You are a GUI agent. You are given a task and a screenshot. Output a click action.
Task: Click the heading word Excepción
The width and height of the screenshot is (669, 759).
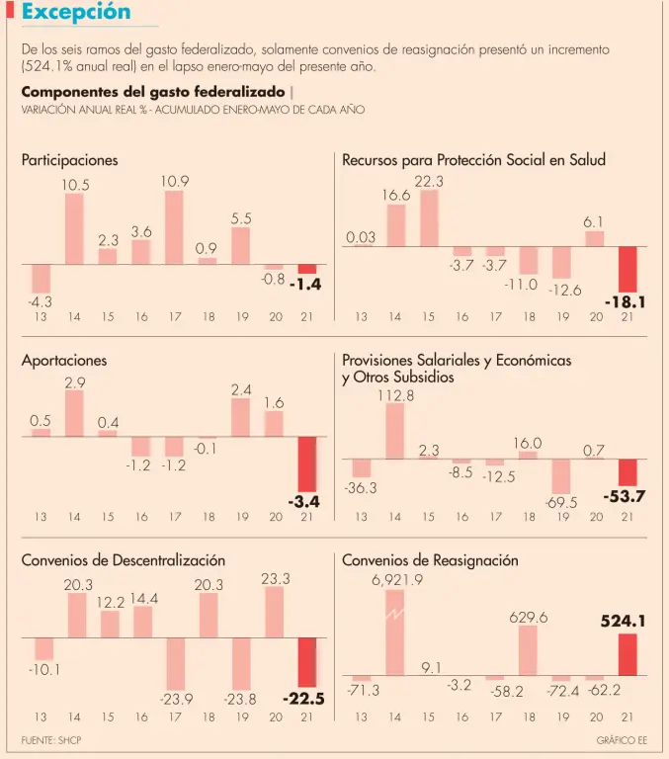[x=75, y=13]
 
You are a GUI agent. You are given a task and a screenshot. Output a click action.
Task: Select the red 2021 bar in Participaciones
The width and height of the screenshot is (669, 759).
[x=307, y=269]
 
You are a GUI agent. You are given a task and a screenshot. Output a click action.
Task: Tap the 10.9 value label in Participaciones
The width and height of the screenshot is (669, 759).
[x=175, y=182]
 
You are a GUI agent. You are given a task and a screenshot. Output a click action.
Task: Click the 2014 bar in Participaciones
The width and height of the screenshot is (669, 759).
[x=75, y=229]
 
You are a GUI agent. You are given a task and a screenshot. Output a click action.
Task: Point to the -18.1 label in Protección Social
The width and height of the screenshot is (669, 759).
[x=625, y=301]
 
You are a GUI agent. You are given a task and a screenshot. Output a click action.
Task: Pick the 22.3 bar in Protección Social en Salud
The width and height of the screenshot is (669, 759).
[x=429, y=218]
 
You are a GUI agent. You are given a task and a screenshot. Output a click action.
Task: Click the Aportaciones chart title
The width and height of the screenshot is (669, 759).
[x=64, y=361]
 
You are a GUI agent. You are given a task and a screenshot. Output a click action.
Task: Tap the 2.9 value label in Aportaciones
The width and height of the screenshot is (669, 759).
[x=75, y=381]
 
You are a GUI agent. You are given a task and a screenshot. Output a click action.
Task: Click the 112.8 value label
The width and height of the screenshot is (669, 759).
[x=395, y=395]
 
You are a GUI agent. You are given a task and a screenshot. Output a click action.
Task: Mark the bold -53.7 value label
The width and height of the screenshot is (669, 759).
[x=625, y=496]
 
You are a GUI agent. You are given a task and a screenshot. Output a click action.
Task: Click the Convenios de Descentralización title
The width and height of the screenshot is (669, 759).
[x=124, y=560]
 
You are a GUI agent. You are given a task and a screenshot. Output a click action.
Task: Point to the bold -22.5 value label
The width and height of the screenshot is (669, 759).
[x=303, y=699]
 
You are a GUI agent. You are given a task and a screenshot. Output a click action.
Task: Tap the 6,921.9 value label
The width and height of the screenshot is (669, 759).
[x=397, y=580]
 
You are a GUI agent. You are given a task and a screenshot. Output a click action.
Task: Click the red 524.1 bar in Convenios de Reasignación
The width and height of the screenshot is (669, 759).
[x=627, y=654]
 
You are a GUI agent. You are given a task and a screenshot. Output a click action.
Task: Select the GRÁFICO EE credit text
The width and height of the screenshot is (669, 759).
[x=622, y=740]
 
